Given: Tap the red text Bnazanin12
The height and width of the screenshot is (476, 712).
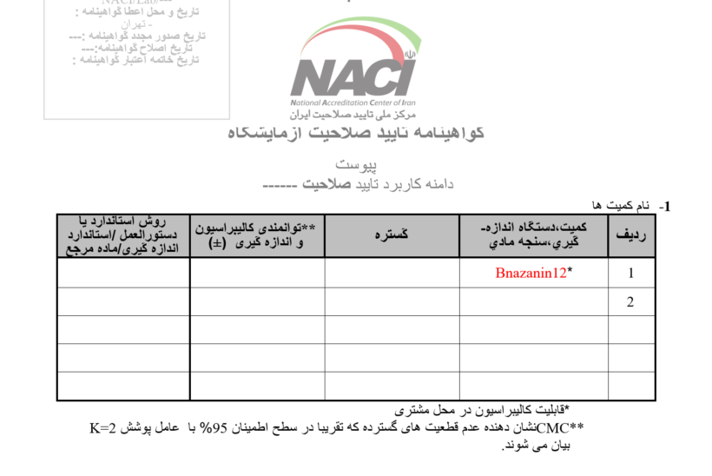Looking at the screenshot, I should click(x=530, y=273).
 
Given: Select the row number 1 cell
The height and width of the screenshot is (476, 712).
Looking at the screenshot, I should click(x=631, y=273).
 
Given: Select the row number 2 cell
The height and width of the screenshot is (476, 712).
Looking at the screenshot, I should click(x=631, y=301).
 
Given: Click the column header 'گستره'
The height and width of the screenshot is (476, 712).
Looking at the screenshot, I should click(x=392, y=235).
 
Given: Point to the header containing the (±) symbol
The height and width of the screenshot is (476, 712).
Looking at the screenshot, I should click(x=258, y=235).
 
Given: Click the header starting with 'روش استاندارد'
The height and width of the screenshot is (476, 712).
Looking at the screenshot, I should click(x=123, y=235).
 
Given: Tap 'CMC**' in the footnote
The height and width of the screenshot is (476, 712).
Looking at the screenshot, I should click(x=560, y=428).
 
